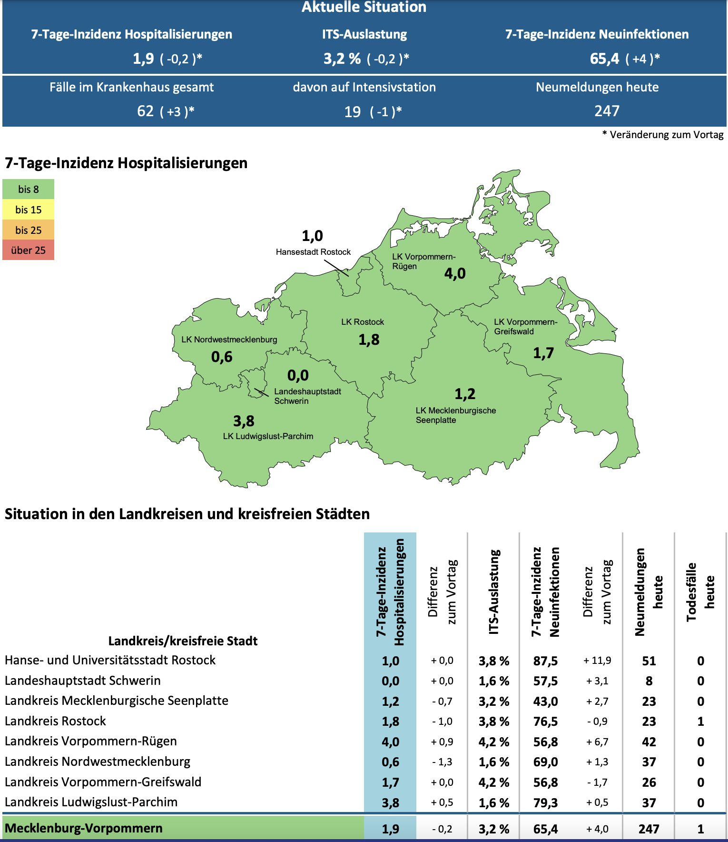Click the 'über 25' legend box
pos(28,250)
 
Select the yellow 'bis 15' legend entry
pos(28,210)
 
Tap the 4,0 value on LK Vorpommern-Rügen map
pos(455,273)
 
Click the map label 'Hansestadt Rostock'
pos(313,252)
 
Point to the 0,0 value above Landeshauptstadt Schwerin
pos(298,375)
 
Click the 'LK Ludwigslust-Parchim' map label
pos(268,436)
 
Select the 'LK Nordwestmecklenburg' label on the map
pos(229,340)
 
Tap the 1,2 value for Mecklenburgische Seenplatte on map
pos(465,394)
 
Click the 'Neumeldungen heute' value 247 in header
pos(607,111)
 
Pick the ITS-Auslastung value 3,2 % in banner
pos(342,59)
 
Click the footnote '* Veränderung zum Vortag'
pos(663,135)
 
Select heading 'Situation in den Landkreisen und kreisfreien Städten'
pos(187,514)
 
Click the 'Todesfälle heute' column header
pos(700,591)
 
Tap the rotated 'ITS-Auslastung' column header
pos(494,591)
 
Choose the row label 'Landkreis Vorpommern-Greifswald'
pos(103,782)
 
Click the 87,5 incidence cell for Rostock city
pos(545,661)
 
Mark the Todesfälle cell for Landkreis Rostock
pos(700,722)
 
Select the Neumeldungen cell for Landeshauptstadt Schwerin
pos(649,681)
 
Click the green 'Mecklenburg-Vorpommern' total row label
pos(84,828)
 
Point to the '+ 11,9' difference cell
pos(597,661)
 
